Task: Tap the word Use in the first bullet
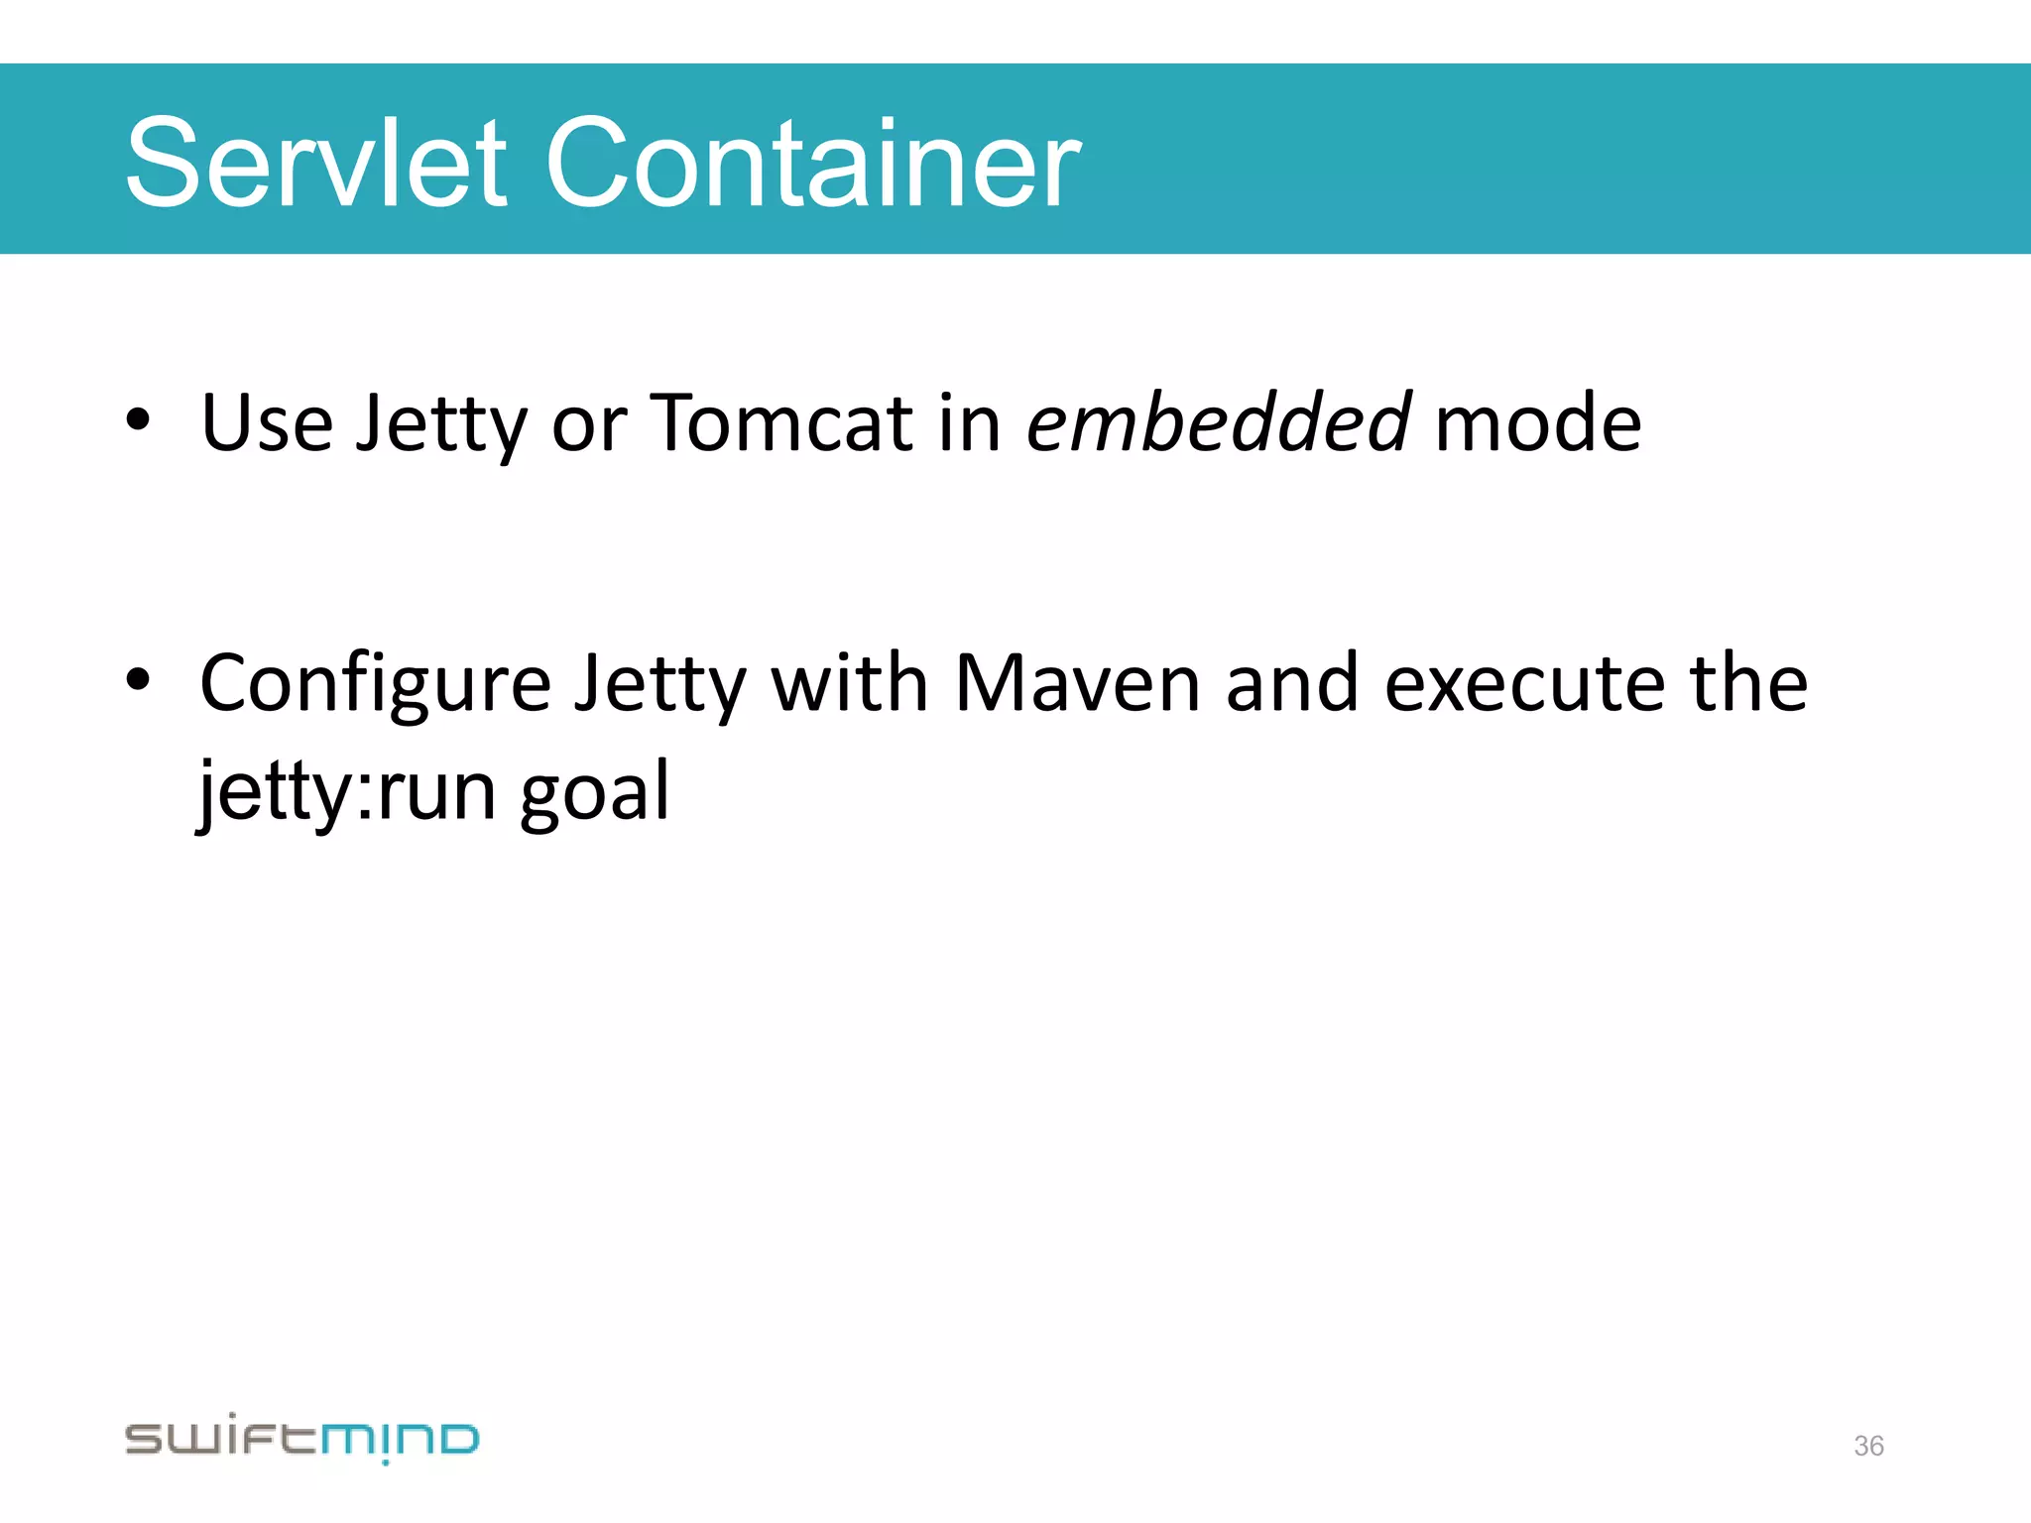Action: click(x=267, y=423)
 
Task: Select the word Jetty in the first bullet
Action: click(x=441, y=423)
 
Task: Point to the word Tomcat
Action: click(x=781, y=423)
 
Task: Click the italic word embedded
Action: click(x=1218, y=423)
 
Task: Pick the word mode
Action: click(x=1538, y=423)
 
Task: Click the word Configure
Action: click(x=375, y=685)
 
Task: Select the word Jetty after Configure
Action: click(x=660, y=685)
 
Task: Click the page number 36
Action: click(x=1868, y=1446)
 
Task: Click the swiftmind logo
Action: click(x=301, y=1438)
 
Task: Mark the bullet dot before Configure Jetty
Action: click(x=138, y=680)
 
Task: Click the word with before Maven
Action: click(x=850, y=683)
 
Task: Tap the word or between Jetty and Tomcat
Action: click(x=589, y=425)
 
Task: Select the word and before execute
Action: click(x=1292, y=683)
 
